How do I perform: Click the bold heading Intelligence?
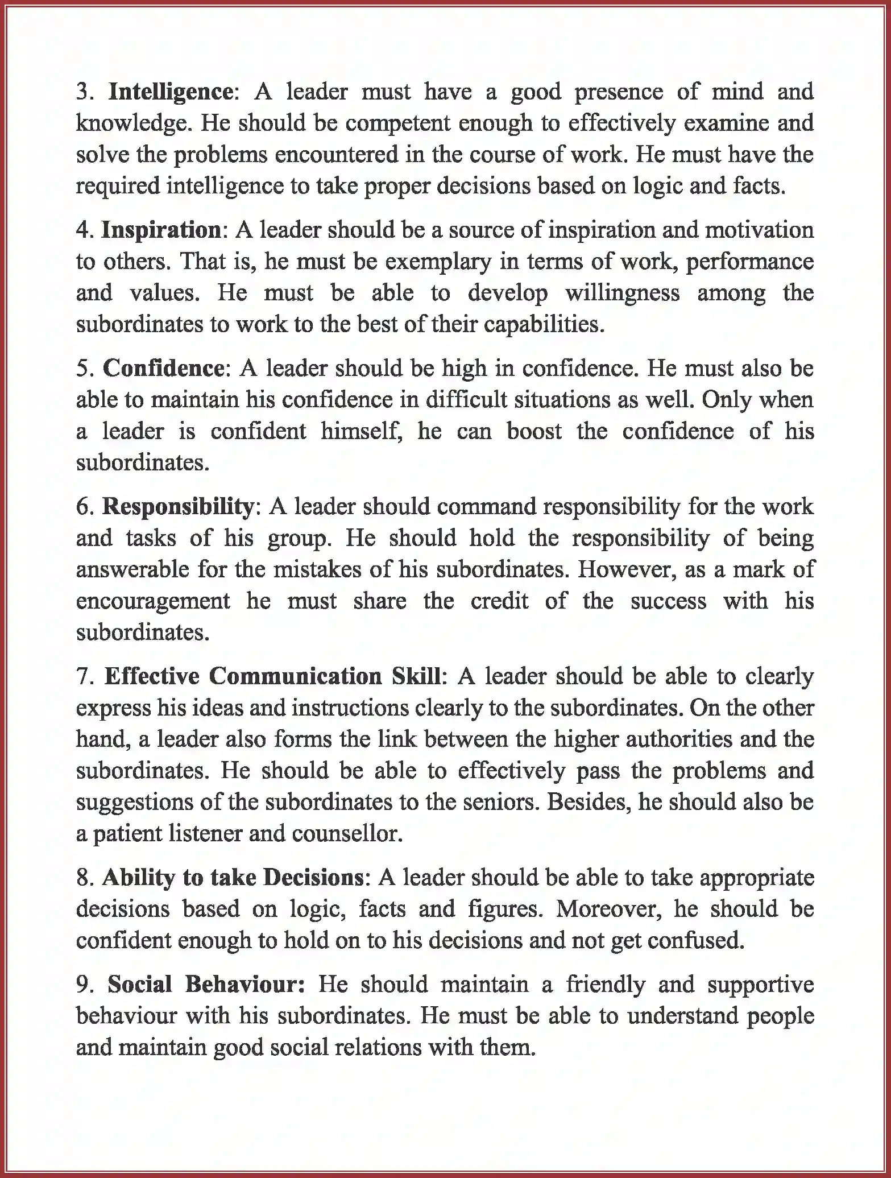pyautogui.click(x=170, y=92)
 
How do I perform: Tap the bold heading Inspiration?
pyautogui.click(x=161, y=230)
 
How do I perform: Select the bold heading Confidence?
pyautogui.click(x=164, y=369)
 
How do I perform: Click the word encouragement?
pyautogui.click(x=153, y=601)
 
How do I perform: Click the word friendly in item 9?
pyautogui.click(x=605, y=984)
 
